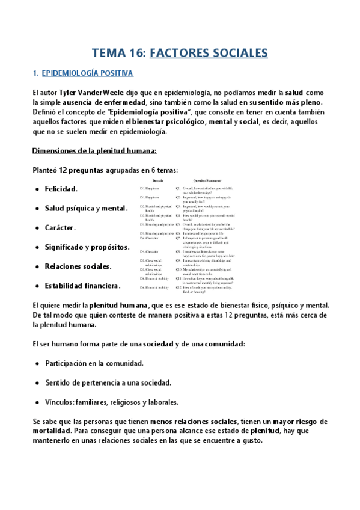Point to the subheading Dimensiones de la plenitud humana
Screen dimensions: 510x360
[94, 150]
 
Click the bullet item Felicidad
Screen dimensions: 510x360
[61, 189]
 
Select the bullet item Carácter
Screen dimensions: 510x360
[60, 228]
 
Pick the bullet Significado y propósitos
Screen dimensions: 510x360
[87, 247]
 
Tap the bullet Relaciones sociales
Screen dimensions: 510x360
[78, 266]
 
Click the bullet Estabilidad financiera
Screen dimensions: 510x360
[82, 286]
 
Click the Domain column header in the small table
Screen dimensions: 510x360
[157, 180]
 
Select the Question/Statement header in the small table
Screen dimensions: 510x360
[207, 180]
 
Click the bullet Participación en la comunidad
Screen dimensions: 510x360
[94, 364]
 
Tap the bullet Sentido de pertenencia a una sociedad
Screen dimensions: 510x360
[108, 383]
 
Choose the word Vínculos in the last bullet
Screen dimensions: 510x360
[59, 402]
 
